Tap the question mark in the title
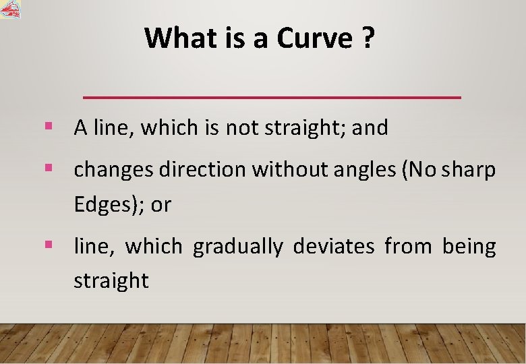[367, 38]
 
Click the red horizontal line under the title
[272, 98]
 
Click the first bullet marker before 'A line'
[48, 125]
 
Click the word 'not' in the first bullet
[238, 127]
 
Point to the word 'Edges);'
[109, 205]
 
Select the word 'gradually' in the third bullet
[237, 247]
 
